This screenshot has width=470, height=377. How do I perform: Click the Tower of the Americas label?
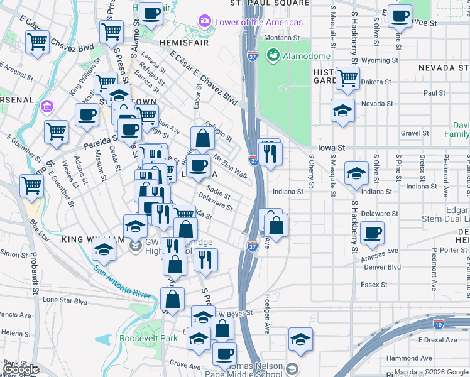pos(258,22)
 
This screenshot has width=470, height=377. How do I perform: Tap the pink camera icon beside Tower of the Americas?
pos(204,22)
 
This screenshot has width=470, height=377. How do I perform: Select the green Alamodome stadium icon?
pos(273,55)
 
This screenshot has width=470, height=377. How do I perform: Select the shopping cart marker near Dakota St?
pos(347,78)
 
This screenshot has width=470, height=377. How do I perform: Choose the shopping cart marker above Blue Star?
pos(32,185)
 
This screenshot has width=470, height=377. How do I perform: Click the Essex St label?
pos(374,285)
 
